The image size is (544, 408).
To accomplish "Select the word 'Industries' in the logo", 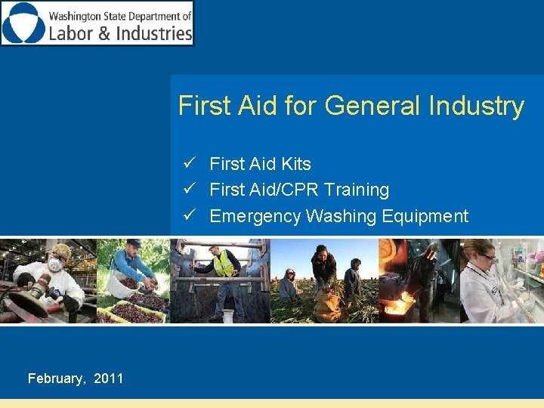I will click(x=155, y=33).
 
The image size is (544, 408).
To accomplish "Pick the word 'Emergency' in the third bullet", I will click(x=255, y=216).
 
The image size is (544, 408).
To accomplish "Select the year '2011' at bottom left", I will click(x=109, y=379).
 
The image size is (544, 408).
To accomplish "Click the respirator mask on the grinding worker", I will click(x=54, y=265).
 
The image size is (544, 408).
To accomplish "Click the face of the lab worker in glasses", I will click(x=484, y=256).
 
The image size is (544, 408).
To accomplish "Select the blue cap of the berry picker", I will click(x=134, y=243).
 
